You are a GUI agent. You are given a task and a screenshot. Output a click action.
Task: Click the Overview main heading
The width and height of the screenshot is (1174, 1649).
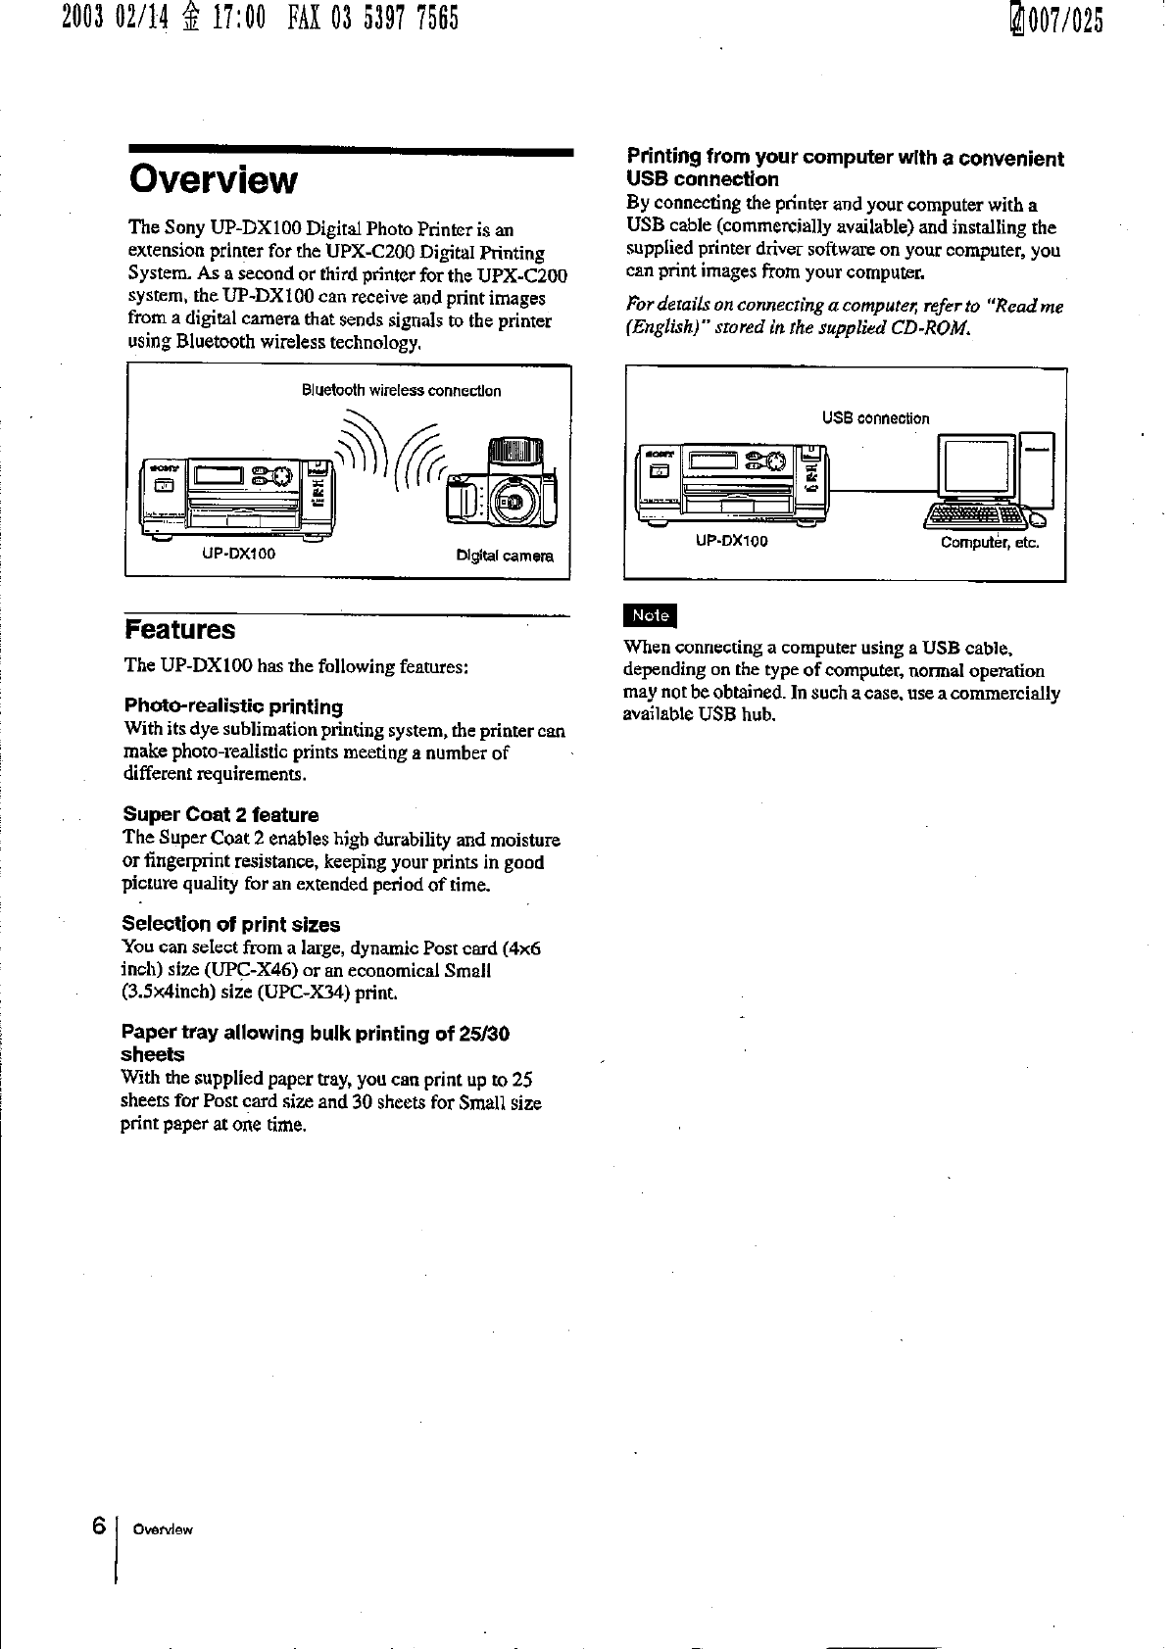(x=212, y=180)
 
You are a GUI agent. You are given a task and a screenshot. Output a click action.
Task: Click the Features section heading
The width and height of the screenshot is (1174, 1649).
(x=179, y=629)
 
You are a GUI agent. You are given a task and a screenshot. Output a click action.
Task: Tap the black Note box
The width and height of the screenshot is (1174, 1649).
(x=650, y=615)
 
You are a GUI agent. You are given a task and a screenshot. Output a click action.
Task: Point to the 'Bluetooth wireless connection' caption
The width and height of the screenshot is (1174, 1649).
(x=401, y=391)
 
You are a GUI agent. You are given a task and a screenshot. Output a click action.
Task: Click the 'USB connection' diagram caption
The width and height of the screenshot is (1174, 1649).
(x=875, y=418)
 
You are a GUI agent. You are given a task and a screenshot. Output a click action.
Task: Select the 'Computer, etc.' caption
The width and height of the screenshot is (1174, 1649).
(x=989, y=543)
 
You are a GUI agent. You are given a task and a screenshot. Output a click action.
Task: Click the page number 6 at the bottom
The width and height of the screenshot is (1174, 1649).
(x=98, y=1527)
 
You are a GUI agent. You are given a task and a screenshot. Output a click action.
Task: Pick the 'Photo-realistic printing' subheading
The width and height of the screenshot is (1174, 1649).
(x=233, y=706)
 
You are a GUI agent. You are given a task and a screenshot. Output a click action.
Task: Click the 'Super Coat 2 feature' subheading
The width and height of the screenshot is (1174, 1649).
(x=220, y=815)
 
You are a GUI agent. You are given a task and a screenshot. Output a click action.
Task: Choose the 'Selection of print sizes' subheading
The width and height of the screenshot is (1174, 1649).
(x=230, y=924)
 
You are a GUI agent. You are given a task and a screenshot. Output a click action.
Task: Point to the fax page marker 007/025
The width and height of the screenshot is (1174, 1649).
(x=1054, y=19)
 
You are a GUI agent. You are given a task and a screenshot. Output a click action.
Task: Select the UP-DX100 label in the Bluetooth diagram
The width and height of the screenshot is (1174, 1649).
(x=238, y=554)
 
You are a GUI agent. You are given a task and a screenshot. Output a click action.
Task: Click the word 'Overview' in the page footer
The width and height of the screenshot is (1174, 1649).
(x=163, y=1530)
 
